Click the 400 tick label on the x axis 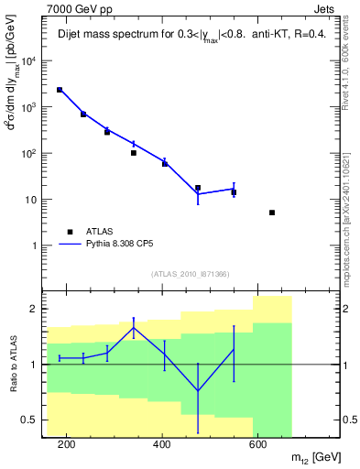click(161, 444)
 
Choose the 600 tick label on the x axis click(257, 444)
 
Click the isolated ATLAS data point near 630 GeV click(272, 213)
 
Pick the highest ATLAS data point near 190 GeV click(60, 90)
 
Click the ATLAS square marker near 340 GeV click(134, 153)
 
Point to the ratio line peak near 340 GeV click(134, 327)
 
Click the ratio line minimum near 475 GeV click(198, 391)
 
